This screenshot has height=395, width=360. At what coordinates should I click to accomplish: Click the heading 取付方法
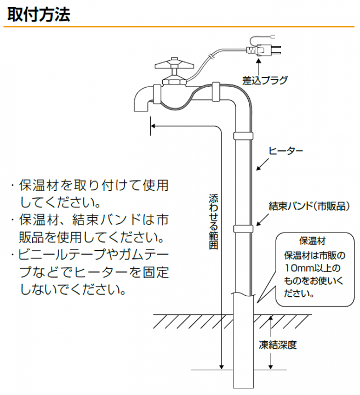tap(39, 14)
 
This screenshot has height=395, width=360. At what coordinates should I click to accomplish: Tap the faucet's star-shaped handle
tap(175, 65)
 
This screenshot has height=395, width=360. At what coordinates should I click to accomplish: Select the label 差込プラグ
tap(265, 80)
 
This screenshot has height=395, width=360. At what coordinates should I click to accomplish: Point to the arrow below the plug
tap(259, 66)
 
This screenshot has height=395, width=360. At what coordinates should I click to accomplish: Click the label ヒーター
tap(286, 151)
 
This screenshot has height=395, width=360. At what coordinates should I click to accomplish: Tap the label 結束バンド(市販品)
tap(309, 206)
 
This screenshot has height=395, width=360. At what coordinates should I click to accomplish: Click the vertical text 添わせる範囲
tap(214, 222)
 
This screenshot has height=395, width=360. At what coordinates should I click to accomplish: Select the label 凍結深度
tap(278, 345)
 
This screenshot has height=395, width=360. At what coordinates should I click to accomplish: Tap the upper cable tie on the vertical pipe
tap(243, 136)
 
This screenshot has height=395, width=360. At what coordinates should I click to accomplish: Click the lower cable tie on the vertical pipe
tap(243, 229)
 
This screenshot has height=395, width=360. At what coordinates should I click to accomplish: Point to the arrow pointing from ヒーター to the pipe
tap(262, 165)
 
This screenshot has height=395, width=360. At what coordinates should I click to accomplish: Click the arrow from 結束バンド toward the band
tap(262, 219)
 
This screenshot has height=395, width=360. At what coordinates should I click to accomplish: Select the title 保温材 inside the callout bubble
tap(312, 241)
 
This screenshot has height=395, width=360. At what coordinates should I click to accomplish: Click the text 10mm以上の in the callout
tap(312, 268)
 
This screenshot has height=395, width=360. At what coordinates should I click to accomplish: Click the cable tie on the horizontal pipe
tap(216, 92)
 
